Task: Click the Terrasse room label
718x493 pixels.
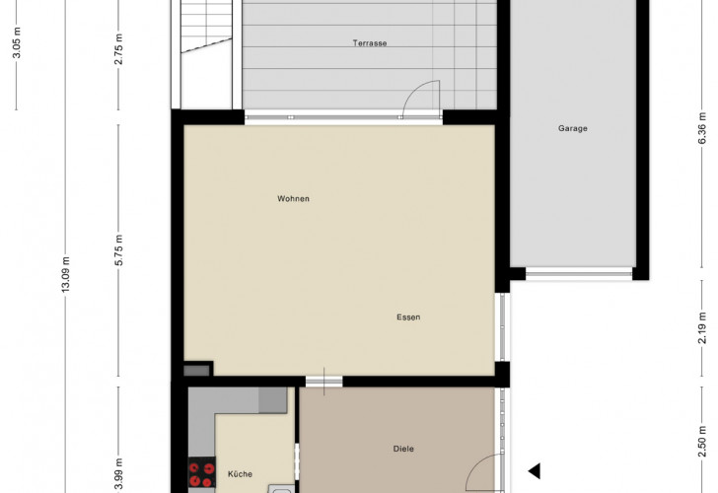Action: pos(370,43)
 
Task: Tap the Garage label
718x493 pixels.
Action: pos(572,128)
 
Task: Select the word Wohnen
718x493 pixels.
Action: pos(293,198)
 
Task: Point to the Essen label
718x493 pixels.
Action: pos(408,317)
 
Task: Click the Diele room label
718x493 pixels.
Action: pos(403,449)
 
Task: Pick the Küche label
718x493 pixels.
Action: pos(240,474)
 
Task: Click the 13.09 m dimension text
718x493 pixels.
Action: pos(66,274)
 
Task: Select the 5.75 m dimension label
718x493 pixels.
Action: pos(119,249)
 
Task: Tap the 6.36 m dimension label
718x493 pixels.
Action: pos(702,128)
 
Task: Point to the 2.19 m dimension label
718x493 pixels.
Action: pos(702,327)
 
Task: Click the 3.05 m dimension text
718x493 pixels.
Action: pos(17,42)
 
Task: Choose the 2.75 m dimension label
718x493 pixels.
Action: pos(119,49)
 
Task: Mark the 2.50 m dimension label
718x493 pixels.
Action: pos(702,442)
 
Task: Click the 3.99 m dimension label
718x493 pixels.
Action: pos(119,474)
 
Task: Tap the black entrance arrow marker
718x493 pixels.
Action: pos(535,471)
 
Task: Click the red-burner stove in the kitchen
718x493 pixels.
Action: pos(202,472)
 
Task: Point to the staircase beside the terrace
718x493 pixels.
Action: pos(206,54)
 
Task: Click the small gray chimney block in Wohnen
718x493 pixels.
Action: pos(196,371)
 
